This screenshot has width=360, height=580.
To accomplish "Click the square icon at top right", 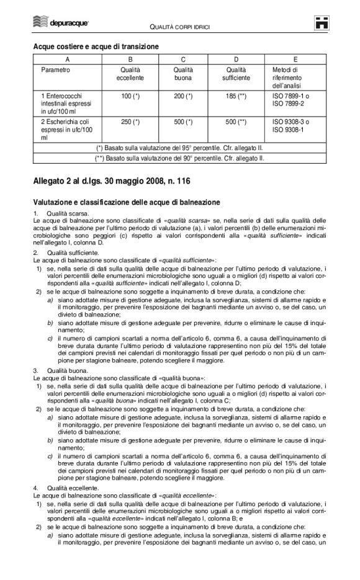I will point(320,23).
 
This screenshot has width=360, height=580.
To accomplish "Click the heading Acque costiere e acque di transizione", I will point(96,47).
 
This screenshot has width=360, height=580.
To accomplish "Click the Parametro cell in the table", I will point(55,70).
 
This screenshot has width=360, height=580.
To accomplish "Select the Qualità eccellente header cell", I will point(130,74).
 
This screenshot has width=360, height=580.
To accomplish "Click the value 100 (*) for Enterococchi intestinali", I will point(130,97).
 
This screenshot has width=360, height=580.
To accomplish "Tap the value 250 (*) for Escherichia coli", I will point(130,122).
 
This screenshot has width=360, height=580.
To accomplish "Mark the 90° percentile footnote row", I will point(180,159).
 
